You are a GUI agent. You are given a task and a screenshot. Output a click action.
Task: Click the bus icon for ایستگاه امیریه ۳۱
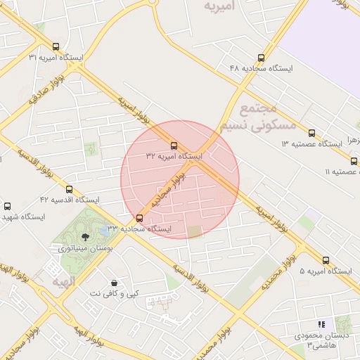(56, 46)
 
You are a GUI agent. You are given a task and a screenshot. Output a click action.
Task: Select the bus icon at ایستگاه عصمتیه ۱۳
(311, 133)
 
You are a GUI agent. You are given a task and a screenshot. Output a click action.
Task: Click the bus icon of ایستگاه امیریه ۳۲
(174, 146)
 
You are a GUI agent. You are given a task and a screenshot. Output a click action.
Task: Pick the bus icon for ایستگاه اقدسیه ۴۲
(69, 189)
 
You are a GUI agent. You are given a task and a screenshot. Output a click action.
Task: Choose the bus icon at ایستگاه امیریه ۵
(326, 261)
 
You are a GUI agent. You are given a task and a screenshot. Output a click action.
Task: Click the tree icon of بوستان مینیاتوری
(85, 237)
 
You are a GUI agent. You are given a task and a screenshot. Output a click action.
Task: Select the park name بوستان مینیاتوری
(83, 248)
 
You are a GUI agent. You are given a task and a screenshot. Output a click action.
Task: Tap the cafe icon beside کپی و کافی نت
(113, 283)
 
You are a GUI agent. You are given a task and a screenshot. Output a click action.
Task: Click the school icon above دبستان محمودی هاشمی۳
(321, 324)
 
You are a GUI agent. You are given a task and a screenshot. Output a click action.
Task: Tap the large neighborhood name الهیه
(63, 281)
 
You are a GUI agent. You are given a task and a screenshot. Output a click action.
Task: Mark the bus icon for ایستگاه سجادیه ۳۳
(139, 218)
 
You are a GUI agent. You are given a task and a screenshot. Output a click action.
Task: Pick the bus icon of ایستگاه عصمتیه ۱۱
(354, 161)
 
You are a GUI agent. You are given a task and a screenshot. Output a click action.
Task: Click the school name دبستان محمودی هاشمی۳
(324, 340)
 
